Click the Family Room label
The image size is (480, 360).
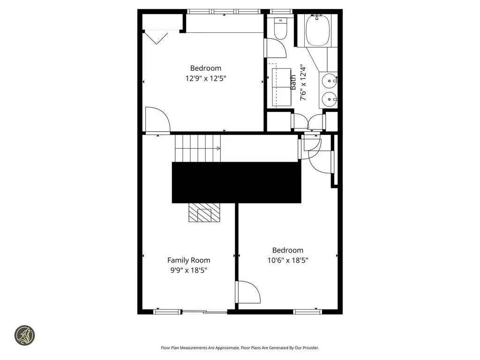[x=188, y=260]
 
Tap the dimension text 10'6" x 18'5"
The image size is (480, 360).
[x=287, y=260]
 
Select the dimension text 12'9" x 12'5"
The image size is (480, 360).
[x=206, y=78]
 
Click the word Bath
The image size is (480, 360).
[x=293, y=82]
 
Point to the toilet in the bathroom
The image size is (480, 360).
[x=280, y=29]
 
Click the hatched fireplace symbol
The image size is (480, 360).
[x=204, y=213]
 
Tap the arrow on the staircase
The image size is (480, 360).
[x=218, y=149]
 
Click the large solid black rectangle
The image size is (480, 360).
[x=236, y=182]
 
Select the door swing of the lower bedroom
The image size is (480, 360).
[x=248, y=292]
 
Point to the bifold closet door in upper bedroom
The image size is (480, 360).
[x=156, y=37]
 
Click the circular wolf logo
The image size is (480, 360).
[x=25, y=335]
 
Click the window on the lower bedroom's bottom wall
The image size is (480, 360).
[x=307, y=311]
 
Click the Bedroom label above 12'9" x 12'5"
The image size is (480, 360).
[x=205, y=68]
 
